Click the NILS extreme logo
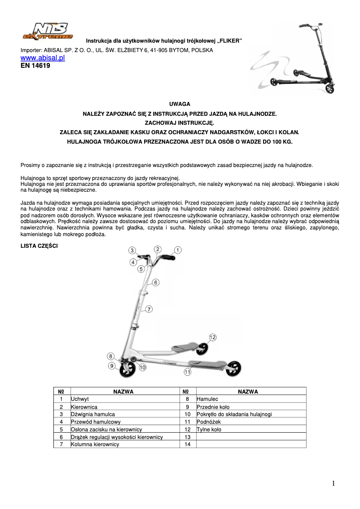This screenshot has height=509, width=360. point(47,31)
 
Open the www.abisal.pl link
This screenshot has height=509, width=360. point(43,58)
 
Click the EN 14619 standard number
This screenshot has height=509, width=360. point(35,66)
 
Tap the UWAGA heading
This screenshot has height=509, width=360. point(180,104)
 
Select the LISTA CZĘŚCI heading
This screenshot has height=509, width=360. point(39,246)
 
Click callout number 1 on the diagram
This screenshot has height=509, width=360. point(178,250)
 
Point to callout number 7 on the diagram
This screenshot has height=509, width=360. point(149,309)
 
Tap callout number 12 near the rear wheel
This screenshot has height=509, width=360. point(212,337)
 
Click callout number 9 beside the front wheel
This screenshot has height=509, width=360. point(112,366)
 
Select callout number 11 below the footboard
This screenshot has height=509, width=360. point(187,372)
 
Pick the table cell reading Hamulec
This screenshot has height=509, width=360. point(207,399)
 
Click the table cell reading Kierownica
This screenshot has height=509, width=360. point(81,407)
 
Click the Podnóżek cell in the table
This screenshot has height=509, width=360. point(209,422)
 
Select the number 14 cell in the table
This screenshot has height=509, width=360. point(188,444)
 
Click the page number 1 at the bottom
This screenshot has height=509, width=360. point(334,483)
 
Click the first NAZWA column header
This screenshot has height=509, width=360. point(123,391)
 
